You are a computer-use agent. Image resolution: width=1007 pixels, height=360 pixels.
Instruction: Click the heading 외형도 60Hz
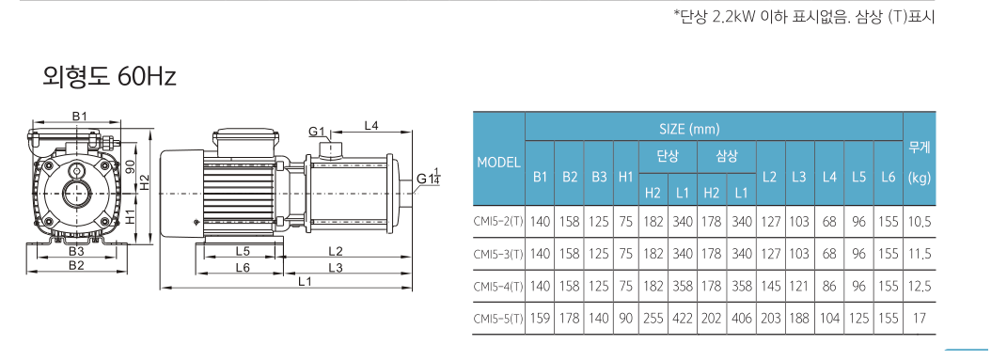tap(109, 77)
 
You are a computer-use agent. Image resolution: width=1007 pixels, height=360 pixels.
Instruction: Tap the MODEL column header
tap(498, 163)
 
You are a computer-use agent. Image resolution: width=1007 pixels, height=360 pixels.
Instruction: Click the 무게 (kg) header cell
tap(920, 163)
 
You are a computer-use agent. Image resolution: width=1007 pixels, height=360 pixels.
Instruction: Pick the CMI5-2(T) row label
tap(498, 222)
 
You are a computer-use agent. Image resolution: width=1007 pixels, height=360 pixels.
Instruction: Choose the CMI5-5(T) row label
tap(498, 318)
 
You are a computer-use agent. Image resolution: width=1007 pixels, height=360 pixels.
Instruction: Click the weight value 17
tap(920, 318)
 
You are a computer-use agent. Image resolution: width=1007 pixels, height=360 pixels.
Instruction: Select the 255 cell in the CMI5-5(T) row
tap(653, 318)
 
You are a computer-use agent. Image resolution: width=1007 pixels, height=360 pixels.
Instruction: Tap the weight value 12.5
tap(920, 286)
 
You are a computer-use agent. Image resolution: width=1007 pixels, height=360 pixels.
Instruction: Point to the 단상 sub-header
tap(668, 157)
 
